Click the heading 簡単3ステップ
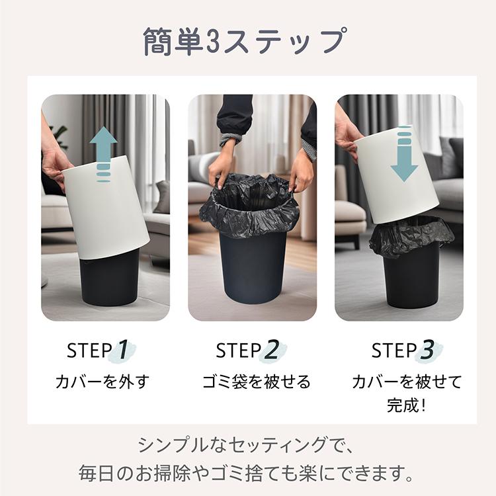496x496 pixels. pos(245,41)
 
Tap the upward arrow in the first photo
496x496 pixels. pos(103,149)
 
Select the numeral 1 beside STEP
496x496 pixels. pos(123,350)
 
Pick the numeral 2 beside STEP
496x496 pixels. pos(271,350)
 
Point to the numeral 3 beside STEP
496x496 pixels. pos(428,350)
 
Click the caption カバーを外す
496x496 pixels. pos(103,382)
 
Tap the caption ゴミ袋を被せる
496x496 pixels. pos(256,382)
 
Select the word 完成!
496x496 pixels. pos(406,405)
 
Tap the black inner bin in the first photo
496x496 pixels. pos(109,278)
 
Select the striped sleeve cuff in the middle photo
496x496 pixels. pos(229,140)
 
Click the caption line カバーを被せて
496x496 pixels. pos(406,382)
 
